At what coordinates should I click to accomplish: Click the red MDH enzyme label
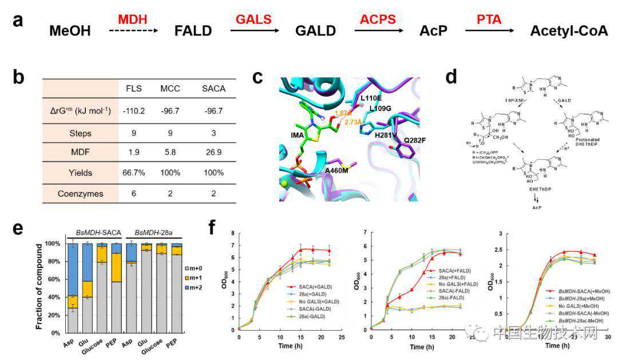(132, 19)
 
